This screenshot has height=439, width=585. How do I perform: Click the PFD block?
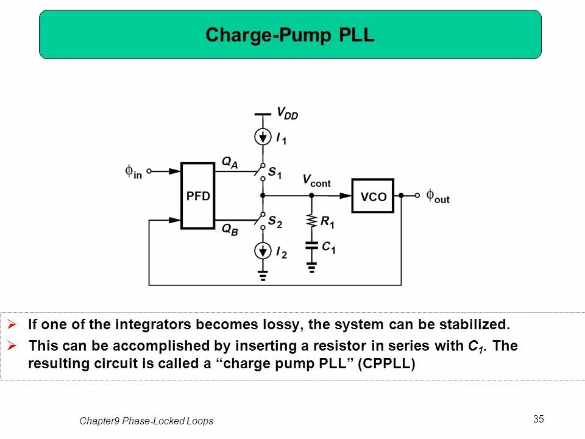click(198, 196)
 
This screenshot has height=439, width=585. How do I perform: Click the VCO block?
click(373, 196)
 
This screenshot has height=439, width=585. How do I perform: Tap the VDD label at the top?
click(287, 113)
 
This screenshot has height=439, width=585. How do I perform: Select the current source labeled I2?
click(263, 250)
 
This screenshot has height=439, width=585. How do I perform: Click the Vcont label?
click(316, 180)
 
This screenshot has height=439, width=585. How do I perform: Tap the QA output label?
click(230, 162)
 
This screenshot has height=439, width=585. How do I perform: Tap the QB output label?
click(229, 230)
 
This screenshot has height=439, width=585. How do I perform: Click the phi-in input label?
click(133, 173)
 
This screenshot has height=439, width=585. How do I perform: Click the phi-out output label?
click(438, 196)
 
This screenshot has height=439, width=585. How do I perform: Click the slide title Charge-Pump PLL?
click(290, 35)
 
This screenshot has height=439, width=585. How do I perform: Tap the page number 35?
click(538, 419)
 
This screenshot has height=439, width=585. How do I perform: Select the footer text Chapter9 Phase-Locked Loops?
click(146, 421)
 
